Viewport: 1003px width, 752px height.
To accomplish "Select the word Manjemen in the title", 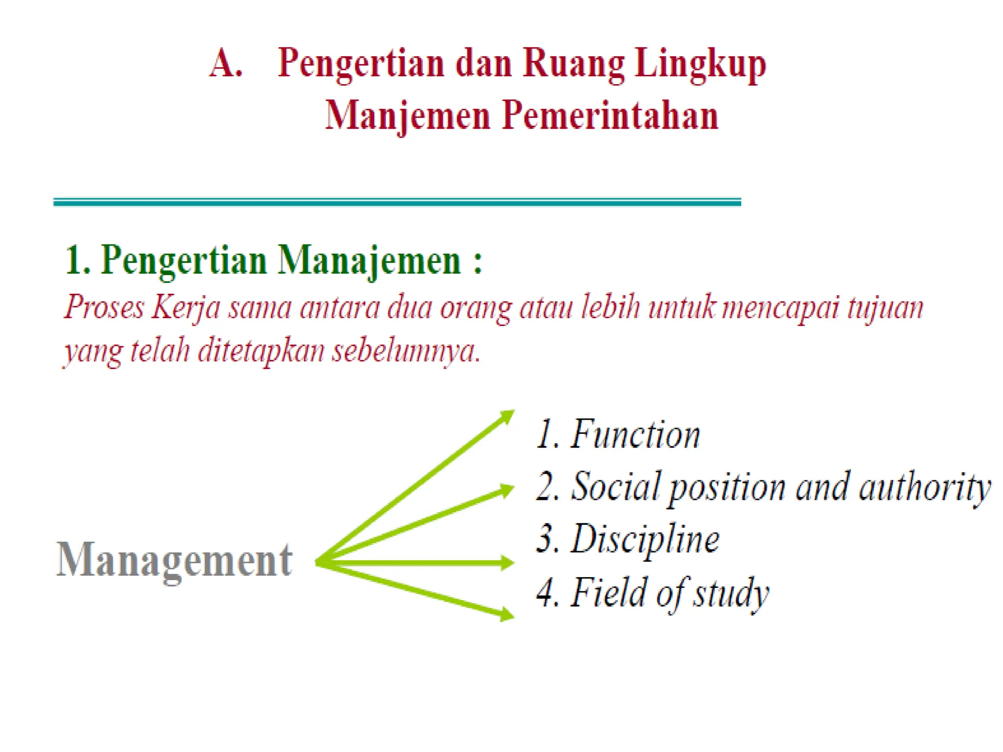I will point(407,117).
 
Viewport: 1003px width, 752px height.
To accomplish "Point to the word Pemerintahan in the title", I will point(610,116).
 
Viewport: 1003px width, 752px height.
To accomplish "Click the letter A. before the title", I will point(226,64).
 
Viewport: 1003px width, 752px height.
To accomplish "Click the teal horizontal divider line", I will point(397,202).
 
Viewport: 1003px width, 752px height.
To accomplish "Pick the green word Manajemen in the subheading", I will point(369,260).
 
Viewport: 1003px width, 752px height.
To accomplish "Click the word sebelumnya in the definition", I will point(406,351).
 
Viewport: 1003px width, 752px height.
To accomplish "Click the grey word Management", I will point(174,560).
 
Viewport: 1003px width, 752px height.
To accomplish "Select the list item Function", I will point(635,435).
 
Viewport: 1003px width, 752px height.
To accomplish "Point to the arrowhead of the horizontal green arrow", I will point(506,563).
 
